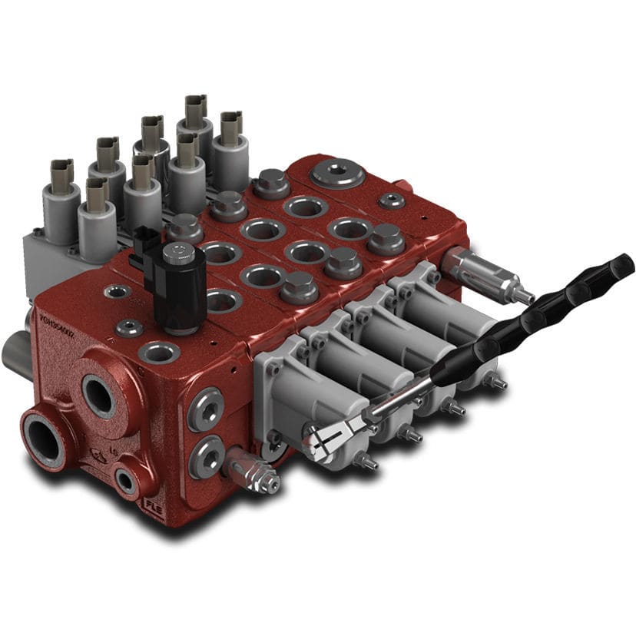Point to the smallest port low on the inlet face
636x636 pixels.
pyautogui.click(x=125, y=481)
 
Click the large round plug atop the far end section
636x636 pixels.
pyautogui.click(x=338, y=172)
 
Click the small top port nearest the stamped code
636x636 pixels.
pyautogui.click(x=117, y=292)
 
